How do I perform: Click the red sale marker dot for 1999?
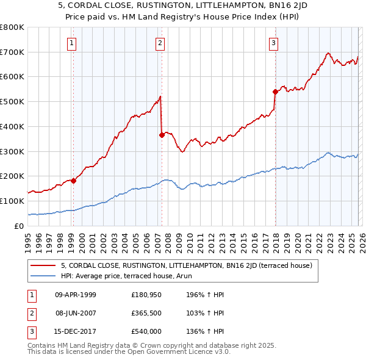coord(73,181)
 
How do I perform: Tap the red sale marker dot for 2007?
coord(162,135)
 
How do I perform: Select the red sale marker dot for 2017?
coord(275,92)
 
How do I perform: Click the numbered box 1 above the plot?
coord(72,43)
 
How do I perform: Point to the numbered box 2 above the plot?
coord(160,43)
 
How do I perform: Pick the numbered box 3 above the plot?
coord(274,43)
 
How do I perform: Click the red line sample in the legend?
coord(43,265)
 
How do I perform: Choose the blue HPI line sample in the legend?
coord(43,275)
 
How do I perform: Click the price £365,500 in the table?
coord(147,313)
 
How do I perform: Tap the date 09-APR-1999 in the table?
coord(76,295)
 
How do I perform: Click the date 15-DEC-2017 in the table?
coord(76,331)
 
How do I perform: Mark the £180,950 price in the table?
coord(147,295)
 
